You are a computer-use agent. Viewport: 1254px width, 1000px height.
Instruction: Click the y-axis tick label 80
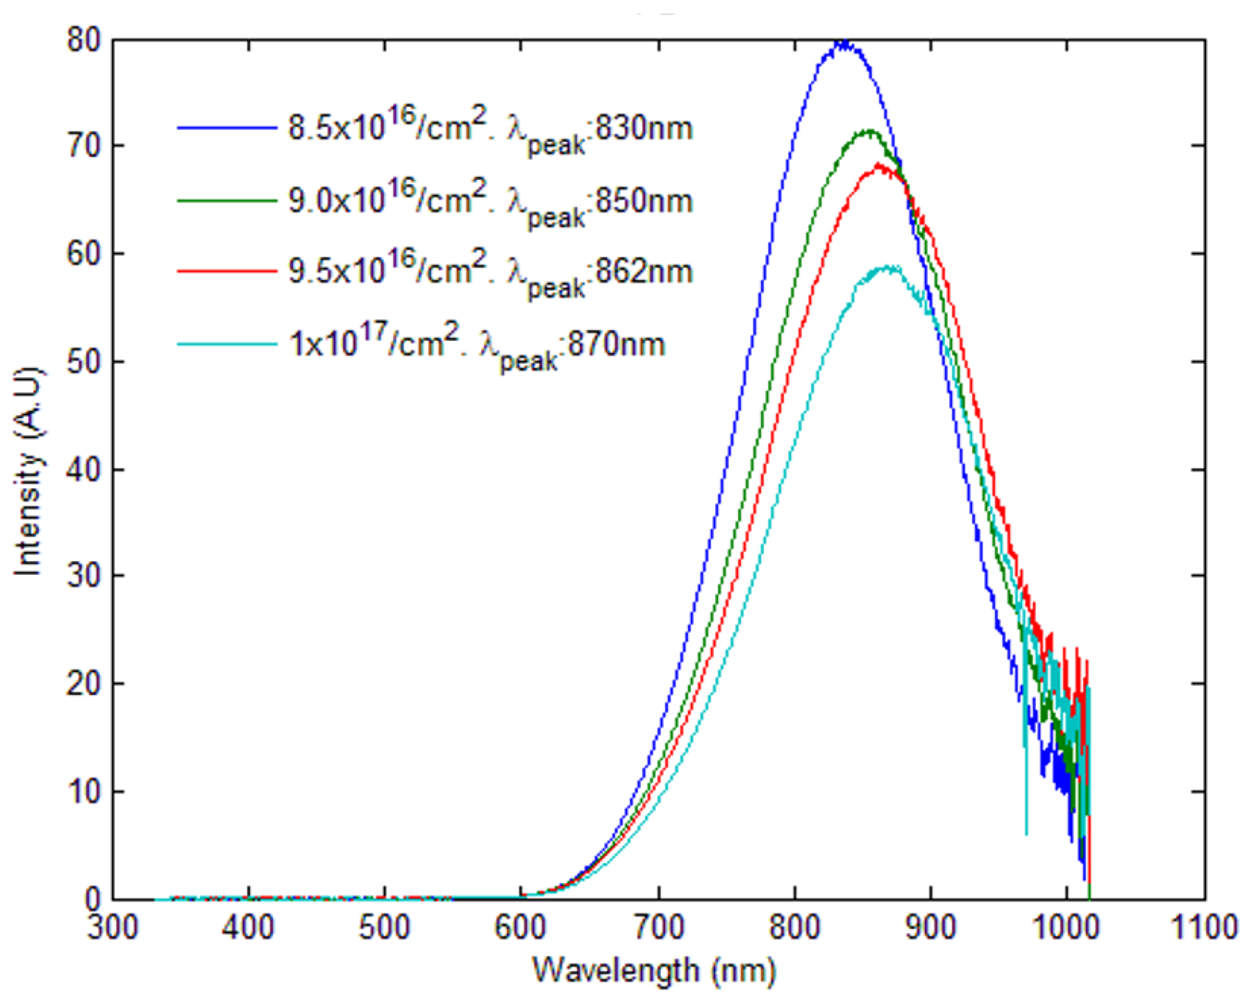(x=84, y=42)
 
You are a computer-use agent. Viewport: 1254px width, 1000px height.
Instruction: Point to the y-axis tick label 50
(x=84, y=362)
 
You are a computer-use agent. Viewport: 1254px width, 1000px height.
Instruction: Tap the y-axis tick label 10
(x=84, y=792)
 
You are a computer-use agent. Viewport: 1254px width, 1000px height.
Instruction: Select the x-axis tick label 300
(x=113, y=927)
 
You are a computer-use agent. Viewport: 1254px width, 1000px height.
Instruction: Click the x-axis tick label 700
(x=658, y=927)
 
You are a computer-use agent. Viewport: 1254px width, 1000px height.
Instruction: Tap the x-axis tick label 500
(x=384, y=927)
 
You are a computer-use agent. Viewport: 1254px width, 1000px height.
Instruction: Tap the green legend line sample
(x=227, y=201)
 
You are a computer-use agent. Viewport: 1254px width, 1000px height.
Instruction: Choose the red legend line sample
(x=227, y=272)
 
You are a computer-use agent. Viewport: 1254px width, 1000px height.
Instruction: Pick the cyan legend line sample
(x=227, y=344)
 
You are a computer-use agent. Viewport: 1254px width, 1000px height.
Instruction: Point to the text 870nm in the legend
(x=617, y=344)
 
